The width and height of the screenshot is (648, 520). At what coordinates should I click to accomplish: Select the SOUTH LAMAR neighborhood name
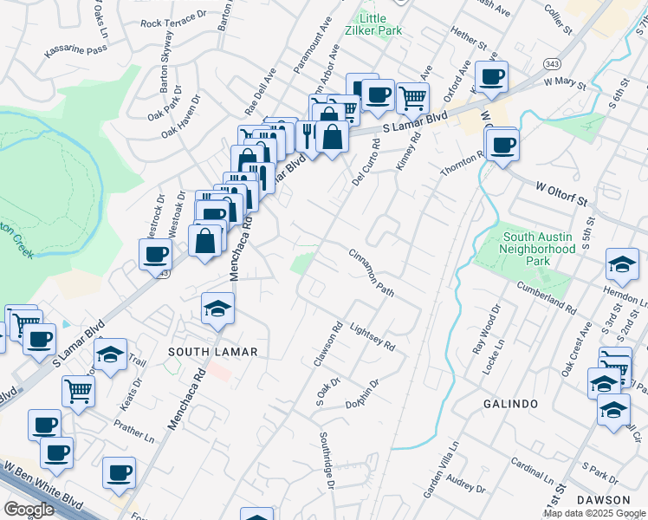[213, 351]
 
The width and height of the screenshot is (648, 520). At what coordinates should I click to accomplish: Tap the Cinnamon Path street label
[372, 273]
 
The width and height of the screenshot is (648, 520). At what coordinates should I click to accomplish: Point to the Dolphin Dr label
[363, 394]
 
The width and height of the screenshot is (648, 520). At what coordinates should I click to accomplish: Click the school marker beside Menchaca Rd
[218, 308]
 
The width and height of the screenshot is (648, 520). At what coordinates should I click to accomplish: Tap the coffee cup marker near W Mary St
[491, 76]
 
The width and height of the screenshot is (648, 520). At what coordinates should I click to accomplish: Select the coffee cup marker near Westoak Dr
[156, 254]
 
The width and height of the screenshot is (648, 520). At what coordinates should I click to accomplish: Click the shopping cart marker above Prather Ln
[78, 391]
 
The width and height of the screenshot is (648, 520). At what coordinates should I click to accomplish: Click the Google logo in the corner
[29, 510]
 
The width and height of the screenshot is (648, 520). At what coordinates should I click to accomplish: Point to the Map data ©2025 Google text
[594, 513]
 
